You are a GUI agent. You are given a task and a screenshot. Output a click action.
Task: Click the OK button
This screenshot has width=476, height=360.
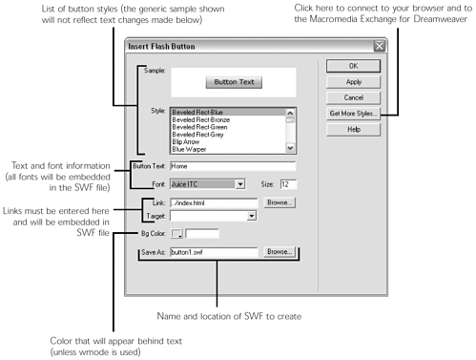point(354,66)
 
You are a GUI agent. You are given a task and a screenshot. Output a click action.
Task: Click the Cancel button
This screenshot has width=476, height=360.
point(354,97)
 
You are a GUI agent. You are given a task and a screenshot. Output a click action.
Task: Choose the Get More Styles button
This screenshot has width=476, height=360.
point(354,113)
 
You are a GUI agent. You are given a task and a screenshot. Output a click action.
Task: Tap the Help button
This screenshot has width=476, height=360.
point(354,129)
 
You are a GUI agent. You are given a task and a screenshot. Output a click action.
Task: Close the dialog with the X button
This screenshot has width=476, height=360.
point(379,46)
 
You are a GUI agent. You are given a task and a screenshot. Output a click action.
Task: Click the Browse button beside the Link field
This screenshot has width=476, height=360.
point(279,202)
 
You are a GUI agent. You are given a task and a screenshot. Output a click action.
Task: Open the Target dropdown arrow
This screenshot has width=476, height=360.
point(252,216)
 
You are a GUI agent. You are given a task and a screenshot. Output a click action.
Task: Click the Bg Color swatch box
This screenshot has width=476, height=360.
point(176,233)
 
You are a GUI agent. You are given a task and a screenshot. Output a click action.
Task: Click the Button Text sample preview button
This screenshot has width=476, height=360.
point(234,82)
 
